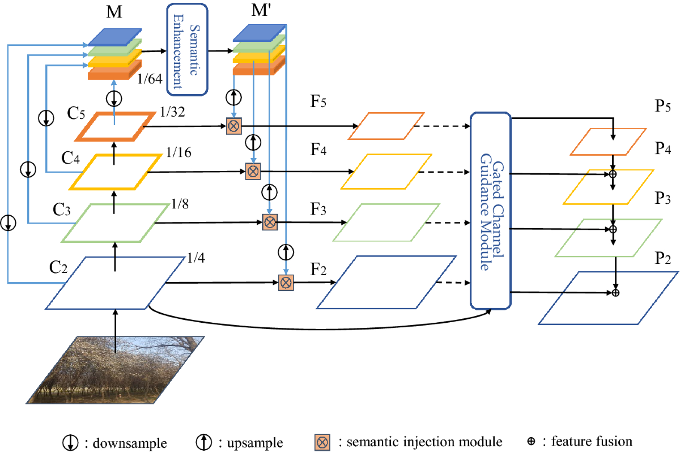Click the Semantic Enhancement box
tap(188, 49)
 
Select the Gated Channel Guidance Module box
tap(491, 211)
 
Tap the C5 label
tap(76, 113)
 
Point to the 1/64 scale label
tap(150, 79)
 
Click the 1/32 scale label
tap(172, 112)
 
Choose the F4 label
tap(318, 149)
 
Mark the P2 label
tap(662, 259)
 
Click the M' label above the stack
tap(261, 10)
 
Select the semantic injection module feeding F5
tap(233, 126)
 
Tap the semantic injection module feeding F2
tap(286, 283)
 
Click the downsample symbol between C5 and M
tap(114, 99)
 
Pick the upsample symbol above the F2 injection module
tap(286, 252)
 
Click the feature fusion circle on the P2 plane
tap(615, 293)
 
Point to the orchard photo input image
tap(116, 370)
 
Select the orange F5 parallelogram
tap(386, 126)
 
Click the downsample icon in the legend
tap(70, 443)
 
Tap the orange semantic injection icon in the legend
tap(322, 442)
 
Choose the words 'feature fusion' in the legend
tap(592, 442)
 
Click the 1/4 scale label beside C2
tap(196, 258)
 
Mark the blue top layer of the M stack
tap(114, 37)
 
